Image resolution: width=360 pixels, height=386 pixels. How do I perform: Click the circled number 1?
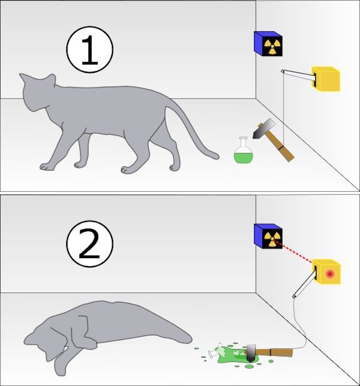tap(89, 49)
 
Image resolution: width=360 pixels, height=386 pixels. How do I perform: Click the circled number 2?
tap(89, 244)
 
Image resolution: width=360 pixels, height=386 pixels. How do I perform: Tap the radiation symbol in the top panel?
tap(272, 46)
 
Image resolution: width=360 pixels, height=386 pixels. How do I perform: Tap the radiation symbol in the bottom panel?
tap(272, 238)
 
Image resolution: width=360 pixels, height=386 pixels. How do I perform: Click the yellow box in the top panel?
tap(326, 79)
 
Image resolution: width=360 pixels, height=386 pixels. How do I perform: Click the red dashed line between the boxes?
tap(294, 251)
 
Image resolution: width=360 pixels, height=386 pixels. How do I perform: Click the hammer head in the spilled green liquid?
tap(251, 353)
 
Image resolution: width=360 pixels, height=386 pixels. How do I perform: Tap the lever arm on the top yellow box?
tap(298, 75)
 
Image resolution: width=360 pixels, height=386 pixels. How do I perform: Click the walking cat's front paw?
tap(47, 167)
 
